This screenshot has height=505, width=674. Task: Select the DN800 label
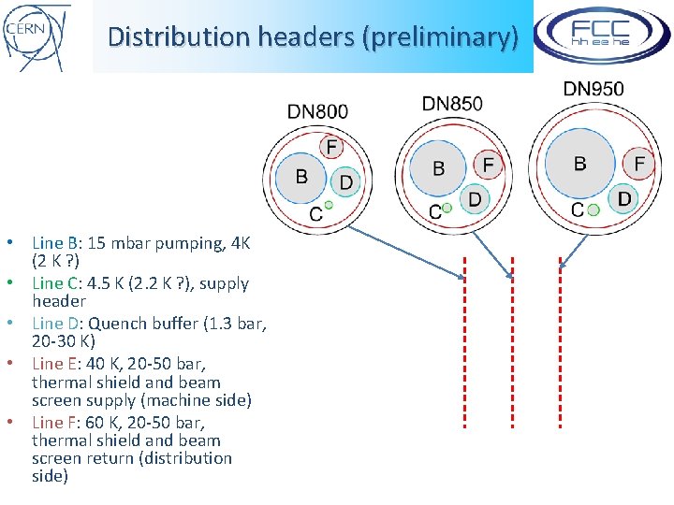click(x=317, y=111)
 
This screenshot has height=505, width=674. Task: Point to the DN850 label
click(x=452, y=103)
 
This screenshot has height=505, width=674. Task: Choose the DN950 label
click(x=593, y=90)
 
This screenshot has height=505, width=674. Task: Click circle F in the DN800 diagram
click(x=331, y=147)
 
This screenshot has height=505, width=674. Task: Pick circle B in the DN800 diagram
click(x=301, y=176)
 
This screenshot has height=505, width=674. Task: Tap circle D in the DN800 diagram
click(x=345, y=181)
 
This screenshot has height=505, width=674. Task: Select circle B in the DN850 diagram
click(x=438, y=168)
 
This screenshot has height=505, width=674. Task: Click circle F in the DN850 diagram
click(x=487, y=166)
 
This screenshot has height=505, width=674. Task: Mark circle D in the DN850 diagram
click(x=475, y=198)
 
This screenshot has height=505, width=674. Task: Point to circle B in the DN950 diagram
click(x=579, y=164)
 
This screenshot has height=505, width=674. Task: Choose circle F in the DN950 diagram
click(x=639, y=164)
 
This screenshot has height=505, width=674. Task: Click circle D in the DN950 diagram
click(x=623, y=197)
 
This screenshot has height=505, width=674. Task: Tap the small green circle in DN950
click(x=593, y=210)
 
